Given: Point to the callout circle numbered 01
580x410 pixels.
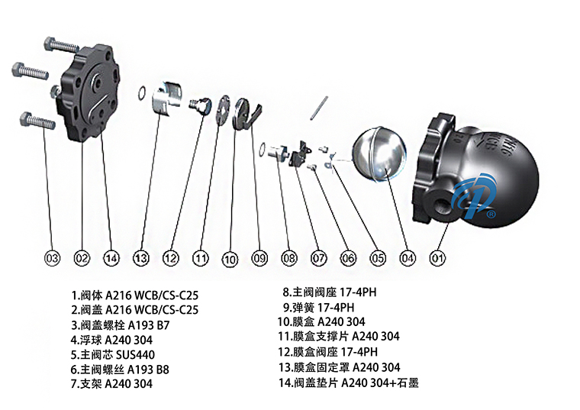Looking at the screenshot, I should click(x=437, y=258).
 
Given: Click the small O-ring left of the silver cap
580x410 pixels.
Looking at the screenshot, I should click(x=143, y=94).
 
